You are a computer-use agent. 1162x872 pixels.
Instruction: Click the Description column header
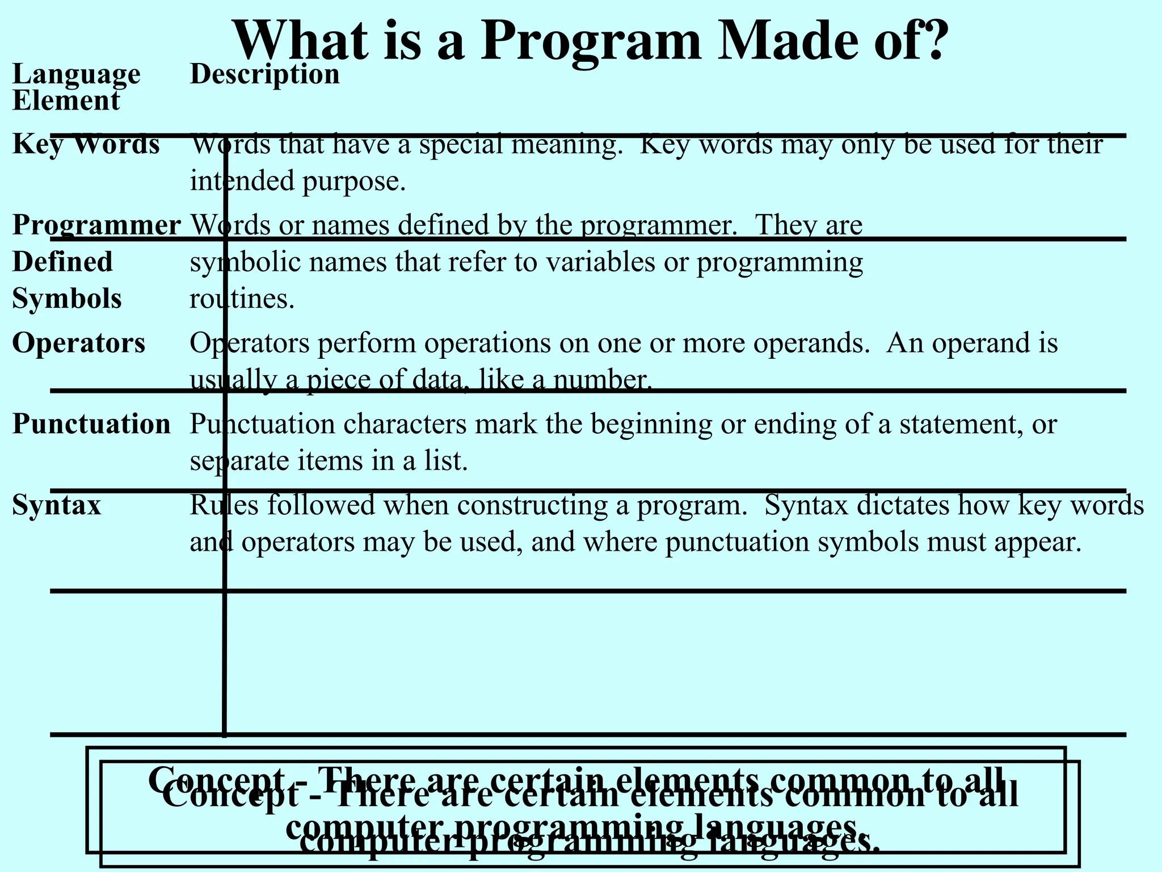(x=264, y=74)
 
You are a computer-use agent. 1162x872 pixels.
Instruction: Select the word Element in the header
(x=66, y=101)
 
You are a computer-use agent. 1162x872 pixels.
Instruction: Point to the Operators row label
(x=79, y=343)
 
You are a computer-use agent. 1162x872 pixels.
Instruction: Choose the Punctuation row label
(x=91, y=424)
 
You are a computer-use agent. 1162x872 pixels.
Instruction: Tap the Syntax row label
(x=57, y=505)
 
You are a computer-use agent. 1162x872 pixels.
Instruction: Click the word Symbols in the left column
(x=67, y=298)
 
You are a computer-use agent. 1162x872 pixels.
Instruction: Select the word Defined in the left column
(x=62, y=262)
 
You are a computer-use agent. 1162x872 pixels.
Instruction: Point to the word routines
(x=241, y=298)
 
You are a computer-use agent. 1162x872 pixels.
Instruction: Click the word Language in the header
(x=76, y=74)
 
